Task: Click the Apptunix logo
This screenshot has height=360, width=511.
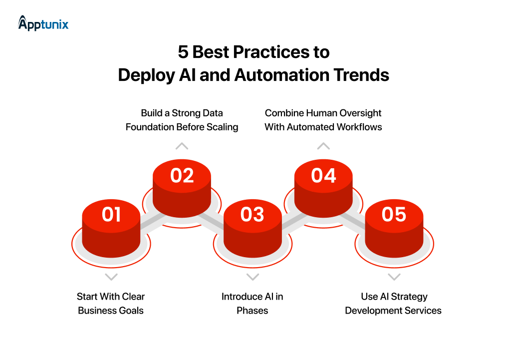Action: [43, 23]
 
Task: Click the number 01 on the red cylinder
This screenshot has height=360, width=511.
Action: [111, 214]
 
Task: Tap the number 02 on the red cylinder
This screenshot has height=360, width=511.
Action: [182, 176]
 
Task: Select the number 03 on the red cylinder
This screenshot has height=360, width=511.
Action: [253, 214]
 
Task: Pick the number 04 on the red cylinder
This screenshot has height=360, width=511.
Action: [323, 176]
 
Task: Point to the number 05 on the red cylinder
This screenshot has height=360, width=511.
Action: [394, 214]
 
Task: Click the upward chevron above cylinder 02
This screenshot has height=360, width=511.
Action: [182, 146]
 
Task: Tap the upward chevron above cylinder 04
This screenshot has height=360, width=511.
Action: [323, 146]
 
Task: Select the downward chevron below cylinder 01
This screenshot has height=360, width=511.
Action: [111, 277]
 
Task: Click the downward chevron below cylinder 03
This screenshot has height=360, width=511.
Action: [253, 277]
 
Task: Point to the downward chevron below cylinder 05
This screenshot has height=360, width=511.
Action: [394, 277]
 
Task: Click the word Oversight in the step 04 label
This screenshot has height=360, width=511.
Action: [360, 113]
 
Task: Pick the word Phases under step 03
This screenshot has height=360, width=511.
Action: [253, 311]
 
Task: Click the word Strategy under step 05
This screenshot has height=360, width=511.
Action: [409, 297]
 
